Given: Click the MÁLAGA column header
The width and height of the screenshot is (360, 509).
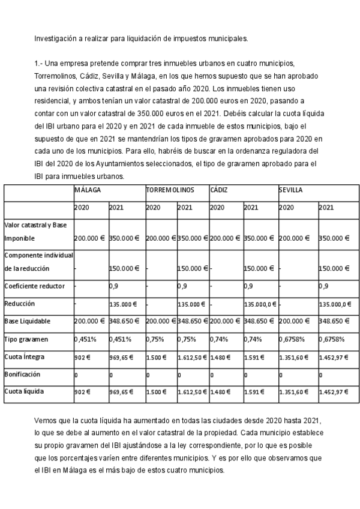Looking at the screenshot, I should (x=87, y=190).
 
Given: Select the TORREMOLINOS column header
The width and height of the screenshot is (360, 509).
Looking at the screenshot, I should (x=170, y=190).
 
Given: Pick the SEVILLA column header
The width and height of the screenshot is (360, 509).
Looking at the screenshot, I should (x=290, y=190).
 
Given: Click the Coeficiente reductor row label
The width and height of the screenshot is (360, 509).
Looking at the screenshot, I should (x=35, y=286).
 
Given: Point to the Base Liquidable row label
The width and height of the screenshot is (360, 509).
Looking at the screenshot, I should (x=29, y=321).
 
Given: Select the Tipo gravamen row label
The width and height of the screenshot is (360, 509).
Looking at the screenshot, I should (x=26, y=339).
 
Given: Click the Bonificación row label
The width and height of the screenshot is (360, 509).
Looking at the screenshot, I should (x=24, y=374).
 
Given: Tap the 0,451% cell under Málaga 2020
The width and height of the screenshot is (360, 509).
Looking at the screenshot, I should (x=85, y=339).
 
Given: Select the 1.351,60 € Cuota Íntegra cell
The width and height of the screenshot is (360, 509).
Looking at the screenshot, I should (x=293, y=357).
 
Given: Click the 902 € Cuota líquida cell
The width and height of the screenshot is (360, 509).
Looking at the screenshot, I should (x=82, y=392).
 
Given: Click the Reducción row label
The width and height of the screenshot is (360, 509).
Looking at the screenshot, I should (x=20, y=304).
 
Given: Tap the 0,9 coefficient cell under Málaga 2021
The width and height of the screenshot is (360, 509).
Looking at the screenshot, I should (x=113, y=286).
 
